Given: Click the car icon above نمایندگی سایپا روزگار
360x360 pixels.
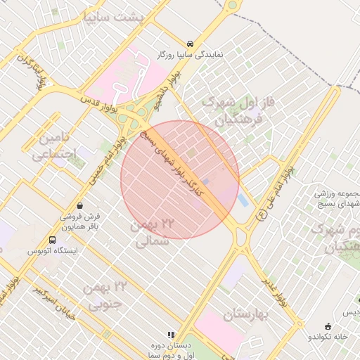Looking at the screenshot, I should (191, 42).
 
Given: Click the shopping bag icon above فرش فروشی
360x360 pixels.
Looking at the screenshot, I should (79, 206).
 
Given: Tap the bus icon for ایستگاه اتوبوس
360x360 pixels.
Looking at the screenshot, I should (52, 240).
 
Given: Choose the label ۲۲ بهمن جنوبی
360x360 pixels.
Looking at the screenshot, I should (103, 295).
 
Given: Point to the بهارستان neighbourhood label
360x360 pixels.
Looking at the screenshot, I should (243, 314).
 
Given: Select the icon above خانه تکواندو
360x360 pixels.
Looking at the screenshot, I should (328, 326).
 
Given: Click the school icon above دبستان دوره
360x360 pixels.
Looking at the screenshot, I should (169, 335).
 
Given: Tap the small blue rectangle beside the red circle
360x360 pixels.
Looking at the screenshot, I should (243, 200).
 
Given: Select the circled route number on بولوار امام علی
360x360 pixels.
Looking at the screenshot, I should (262, 217).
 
